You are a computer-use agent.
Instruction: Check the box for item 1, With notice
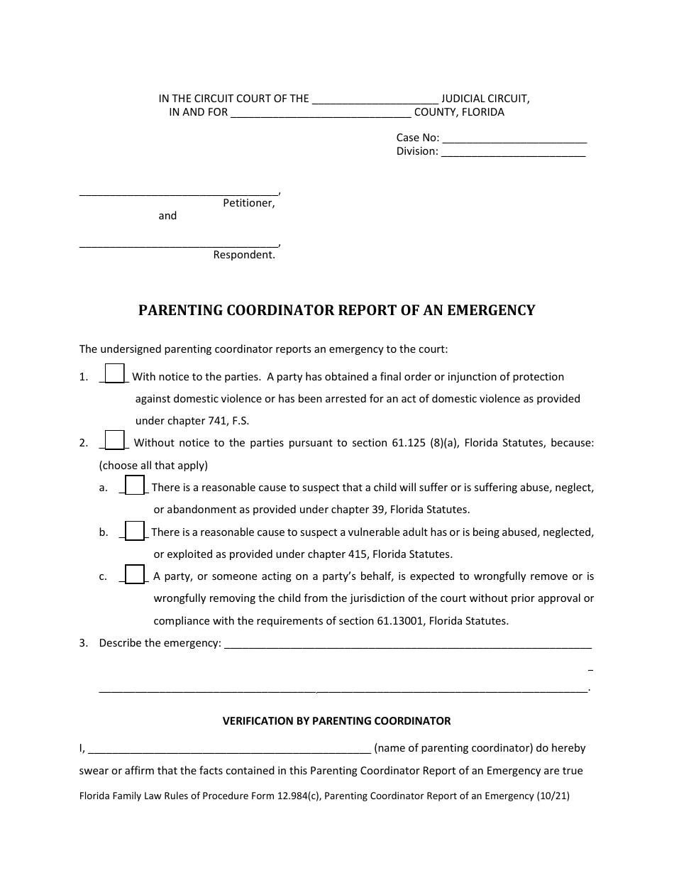(115, 373)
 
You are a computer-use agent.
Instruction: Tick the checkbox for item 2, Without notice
(115, 440)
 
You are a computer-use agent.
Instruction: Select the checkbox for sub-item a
(135, 485)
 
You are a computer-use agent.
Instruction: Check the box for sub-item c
(135, 574)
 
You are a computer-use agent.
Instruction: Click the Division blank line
(513, 152)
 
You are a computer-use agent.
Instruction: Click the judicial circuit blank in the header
(375, 100)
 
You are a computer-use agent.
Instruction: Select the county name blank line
(321, 114)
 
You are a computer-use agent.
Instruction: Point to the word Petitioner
(248, 203)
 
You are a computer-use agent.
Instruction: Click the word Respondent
(243, 255)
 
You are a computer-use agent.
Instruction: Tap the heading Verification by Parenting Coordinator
(337, 721)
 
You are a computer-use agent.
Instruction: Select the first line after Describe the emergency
(408, 645)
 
